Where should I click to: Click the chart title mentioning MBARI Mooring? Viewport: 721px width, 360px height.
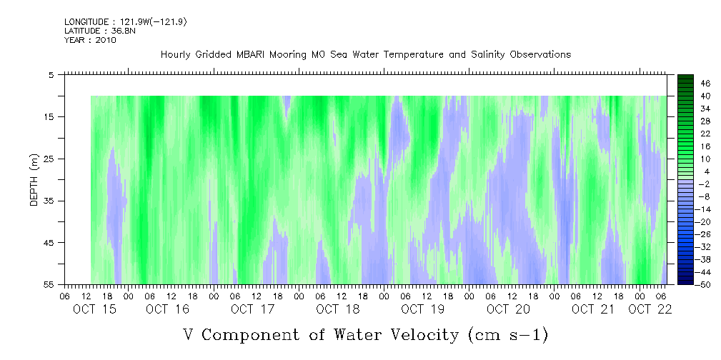tap(365, 54)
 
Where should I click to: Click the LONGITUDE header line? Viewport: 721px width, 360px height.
tap(126, 22)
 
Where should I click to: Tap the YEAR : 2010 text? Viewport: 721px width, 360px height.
tap(90, 40)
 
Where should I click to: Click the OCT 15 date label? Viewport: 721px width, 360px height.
tap(94, 309)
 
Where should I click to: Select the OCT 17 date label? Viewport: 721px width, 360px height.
tap(252, 309)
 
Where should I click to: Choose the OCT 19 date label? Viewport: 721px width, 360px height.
tap(423, 309)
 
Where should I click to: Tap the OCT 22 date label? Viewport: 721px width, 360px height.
tap(650, 309)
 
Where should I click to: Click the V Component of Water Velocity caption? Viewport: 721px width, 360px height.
tap(365, 334)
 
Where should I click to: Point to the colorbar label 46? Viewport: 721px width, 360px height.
tap(705, 83)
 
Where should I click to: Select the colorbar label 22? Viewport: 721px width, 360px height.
tap(705, 133)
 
